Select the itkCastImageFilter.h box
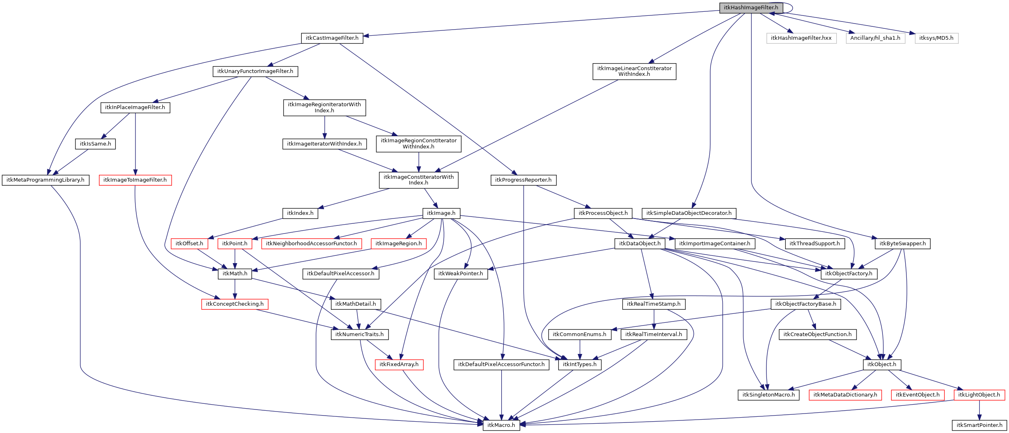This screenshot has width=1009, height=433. point(332,38)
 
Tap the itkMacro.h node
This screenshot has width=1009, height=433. point(501,425)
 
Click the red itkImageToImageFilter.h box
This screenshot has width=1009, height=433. point(135,180)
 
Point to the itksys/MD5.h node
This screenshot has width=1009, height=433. point(936,38)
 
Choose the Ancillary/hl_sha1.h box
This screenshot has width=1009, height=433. point(875,38)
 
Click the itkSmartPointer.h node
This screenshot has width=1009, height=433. point(979,425)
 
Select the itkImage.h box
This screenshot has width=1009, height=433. point(441,213)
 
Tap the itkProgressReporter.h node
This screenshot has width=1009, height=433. point(523,180)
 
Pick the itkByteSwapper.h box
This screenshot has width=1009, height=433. point(902,244)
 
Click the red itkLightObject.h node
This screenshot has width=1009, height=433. point(979,395)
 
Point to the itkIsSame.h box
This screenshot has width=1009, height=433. point(95,144)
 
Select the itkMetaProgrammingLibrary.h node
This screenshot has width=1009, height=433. point(45,180)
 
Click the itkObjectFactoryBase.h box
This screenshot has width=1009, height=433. point(805,304)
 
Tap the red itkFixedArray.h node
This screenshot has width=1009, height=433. point(399,364)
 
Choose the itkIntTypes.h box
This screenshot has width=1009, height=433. point(580,364)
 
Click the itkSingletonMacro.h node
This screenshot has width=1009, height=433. point(768,395)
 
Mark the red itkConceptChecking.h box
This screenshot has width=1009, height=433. point(234,304)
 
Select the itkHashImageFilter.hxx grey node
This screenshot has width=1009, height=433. point(801,38)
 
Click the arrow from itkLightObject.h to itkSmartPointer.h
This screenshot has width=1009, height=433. point(979,410)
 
